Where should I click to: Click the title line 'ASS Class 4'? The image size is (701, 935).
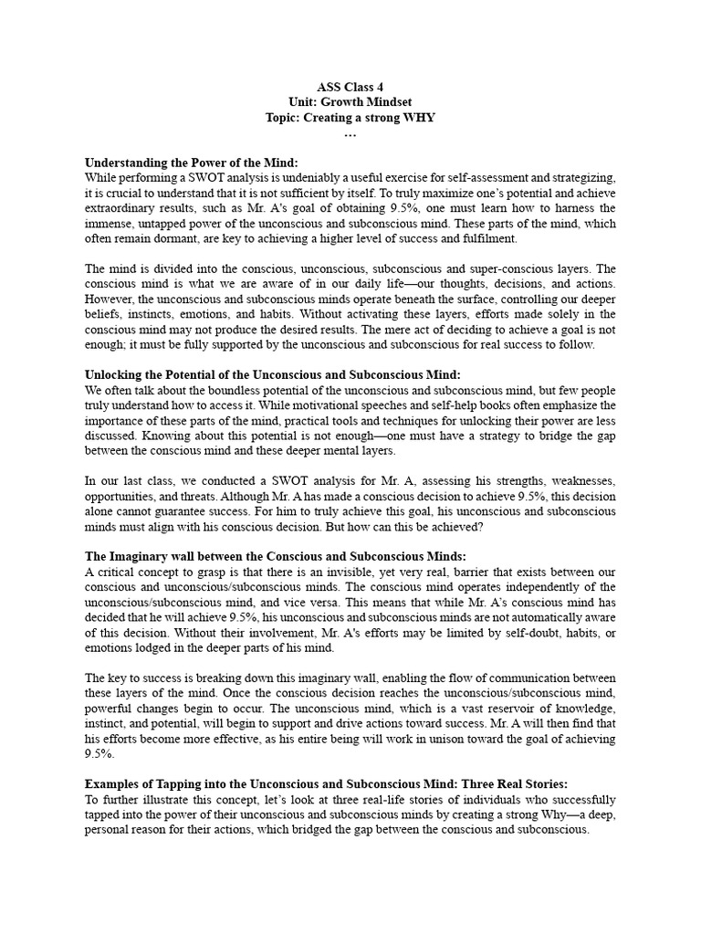350,89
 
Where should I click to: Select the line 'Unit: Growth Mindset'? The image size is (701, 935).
350,103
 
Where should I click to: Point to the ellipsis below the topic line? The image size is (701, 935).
350,133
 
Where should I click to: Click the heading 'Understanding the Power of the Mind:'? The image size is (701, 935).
185,163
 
